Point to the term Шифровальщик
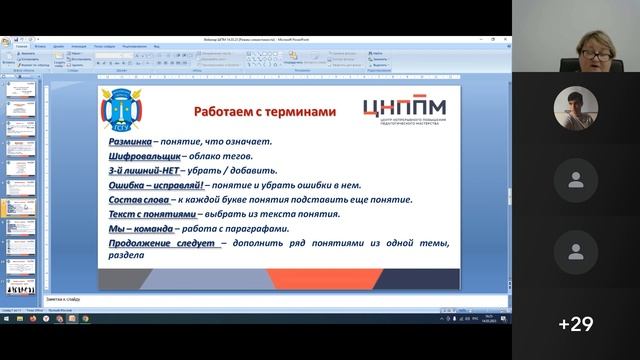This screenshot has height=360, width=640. tap(144, 156)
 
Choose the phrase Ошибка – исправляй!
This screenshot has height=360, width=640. tap(157, 185)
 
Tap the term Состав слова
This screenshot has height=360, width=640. tap(141, 199)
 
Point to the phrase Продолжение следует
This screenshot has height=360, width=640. tap(162, 243)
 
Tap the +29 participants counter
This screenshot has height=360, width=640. tap(576, 323)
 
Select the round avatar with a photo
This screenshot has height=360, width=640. tap(575, 107)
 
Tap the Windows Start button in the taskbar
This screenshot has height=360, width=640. tap(6, 319)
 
